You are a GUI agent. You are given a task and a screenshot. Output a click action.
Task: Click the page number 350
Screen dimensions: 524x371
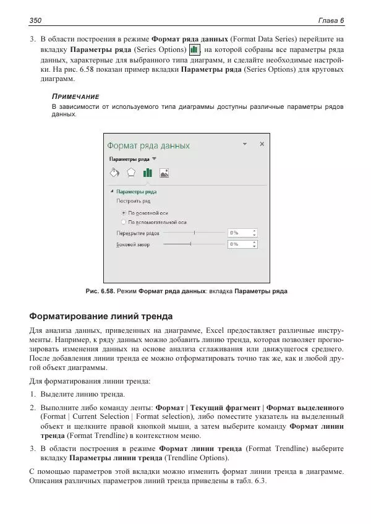[x=35, y=21]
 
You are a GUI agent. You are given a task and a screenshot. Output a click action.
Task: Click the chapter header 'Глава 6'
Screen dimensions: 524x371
[x=330, y=21]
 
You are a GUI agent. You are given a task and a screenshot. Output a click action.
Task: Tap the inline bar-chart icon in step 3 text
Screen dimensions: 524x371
[x=194, y=49]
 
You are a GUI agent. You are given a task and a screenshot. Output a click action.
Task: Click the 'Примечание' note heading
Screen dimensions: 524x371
[x=75, y=97]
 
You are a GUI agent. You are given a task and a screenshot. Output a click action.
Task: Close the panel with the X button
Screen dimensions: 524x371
[x=262, y=144]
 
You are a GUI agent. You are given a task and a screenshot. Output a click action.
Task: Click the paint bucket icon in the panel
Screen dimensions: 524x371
[x=114, y=173]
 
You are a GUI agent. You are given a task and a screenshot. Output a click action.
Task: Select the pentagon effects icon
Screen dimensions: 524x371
[x=131, y=173]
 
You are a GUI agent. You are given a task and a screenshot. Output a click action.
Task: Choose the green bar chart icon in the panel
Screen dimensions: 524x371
[x=148, y=173]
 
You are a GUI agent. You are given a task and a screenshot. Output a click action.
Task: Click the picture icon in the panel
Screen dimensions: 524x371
[x=164, y=173]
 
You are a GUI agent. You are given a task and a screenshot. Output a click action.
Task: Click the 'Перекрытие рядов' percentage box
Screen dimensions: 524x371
[x=241, y=233]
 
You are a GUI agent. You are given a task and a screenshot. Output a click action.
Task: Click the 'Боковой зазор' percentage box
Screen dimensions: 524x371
[x=241, y=244]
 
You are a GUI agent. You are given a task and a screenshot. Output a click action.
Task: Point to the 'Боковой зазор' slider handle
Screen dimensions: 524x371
[x=190, y=244]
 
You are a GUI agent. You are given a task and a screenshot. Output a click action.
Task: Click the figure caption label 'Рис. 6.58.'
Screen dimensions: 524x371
[x=100, y=291]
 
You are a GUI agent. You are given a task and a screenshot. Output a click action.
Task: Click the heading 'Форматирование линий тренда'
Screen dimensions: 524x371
[x=101, y=316]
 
